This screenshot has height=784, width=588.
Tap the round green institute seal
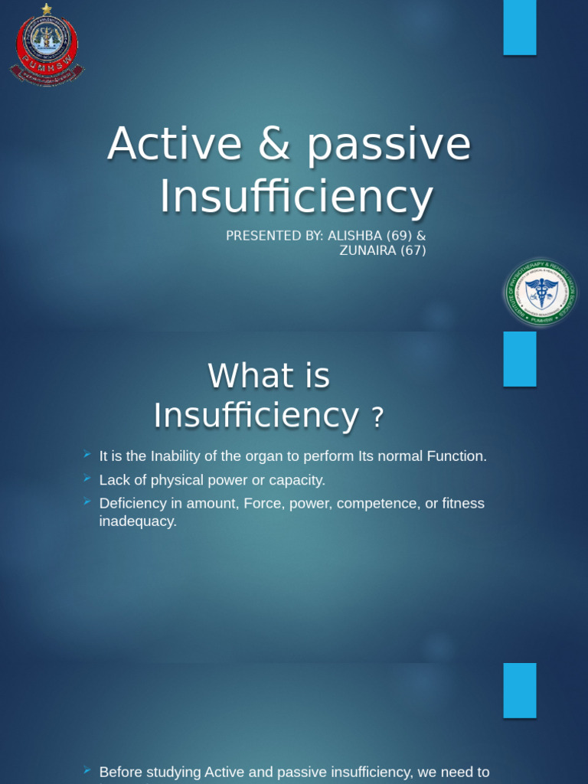[541, 293]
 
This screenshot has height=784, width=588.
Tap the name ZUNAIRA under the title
[367, 250]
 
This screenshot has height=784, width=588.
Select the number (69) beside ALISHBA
[401, 236]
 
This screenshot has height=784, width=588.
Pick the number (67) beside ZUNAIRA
[413, 250]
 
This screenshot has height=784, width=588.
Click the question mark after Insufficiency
[376, 418]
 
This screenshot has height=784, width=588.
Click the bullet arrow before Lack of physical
[87, 479]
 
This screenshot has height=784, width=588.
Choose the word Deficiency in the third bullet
[132, 504]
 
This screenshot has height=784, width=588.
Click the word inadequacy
[138, 521]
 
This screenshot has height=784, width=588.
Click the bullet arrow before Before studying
[87, 771]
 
